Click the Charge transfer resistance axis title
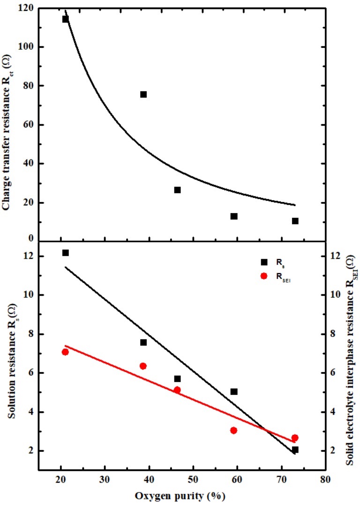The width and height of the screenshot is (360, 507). pyautogui.click(x=7, y=127)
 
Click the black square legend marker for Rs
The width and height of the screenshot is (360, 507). pyautogui.click(x=264, y=262)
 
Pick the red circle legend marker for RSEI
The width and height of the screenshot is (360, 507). pyautogui.click(x=264, y=276)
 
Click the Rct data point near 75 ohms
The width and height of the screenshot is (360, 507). pyautogui.click(x=143, y=94)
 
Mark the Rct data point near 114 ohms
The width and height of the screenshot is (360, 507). pyautogui.click(x=66, y=19)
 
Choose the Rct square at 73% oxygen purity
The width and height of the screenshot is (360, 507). pyautogui.click(x=295, y=221)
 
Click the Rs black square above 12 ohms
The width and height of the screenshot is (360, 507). pyautogui.click(x=66, y=253)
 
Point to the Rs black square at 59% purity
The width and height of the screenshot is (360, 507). pyautogui.click(x=234, y=391)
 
